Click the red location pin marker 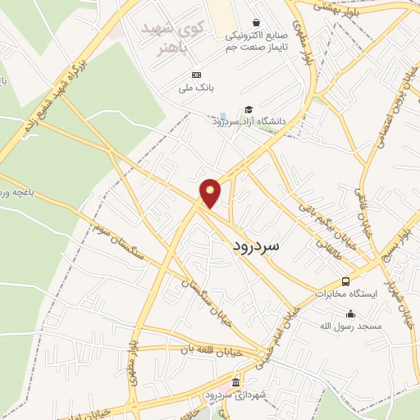coord(211,193)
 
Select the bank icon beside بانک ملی coord(195,75)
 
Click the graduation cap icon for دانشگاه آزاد coord(249,110)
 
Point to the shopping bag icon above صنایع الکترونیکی coord(257,23)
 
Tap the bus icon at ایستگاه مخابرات coord(345,281)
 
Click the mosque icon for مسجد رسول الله coord(351,313)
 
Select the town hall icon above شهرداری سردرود coord(235,383)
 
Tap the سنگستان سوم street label coord(119,241)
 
